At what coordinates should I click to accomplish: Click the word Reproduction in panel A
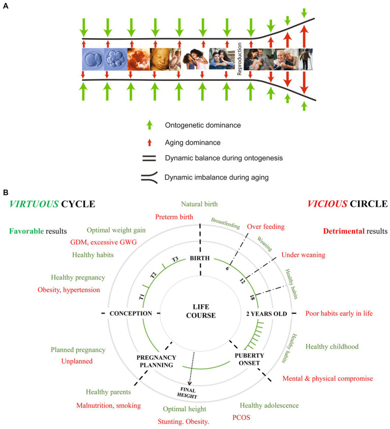click(239, 59)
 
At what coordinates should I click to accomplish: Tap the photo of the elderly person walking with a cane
click(306, 59)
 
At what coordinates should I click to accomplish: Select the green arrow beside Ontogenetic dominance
click(149, 125)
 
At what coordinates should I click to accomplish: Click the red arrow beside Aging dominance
click(149, 142)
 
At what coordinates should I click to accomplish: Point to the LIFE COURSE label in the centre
click(201, 311)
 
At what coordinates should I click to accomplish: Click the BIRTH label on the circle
click(200, 258)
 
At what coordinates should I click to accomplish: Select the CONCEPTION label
click(131, 313)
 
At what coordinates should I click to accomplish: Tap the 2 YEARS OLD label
click(266, 314)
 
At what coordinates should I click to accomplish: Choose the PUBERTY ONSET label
click(249, 359)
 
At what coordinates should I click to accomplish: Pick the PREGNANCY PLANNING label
click(156, 361)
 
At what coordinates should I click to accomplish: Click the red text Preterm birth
click(174, 217)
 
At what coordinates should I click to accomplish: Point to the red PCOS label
click(241, 417)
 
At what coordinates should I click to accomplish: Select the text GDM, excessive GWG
click(103, 242)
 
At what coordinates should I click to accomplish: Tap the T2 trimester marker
click(154, 275)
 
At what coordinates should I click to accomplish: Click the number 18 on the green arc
click(252, 297)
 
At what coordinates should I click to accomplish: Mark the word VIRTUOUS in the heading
click(34, 204)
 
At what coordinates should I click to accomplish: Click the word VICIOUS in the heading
click(327, 204)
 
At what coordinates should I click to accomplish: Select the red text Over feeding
click(265, 226)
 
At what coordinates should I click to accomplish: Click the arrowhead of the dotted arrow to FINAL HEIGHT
click(189, 384)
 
